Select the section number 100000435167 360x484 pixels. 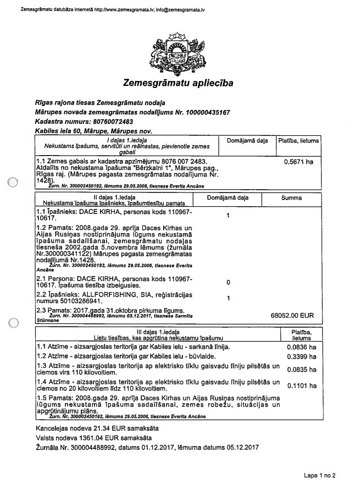pyautogui.click(x=204, y=112)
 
